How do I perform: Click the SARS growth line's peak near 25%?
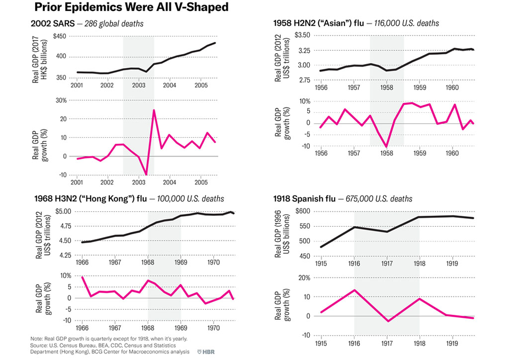pos(154,110)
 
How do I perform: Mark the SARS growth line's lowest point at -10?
pos(146,175)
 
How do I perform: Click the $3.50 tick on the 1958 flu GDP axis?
pos(302,35)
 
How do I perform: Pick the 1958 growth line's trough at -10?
pos(387,147)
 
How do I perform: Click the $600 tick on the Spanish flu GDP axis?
pos(302,211)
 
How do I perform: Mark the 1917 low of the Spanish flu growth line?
pos(387,321)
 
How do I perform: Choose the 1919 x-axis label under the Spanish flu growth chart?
pos(452,343)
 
